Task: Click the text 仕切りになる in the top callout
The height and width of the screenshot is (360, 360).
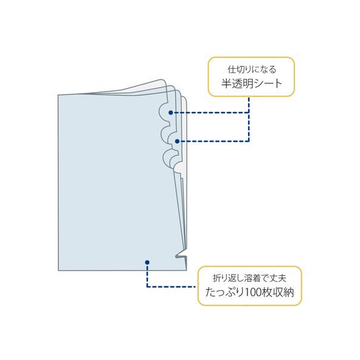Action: click(x=252, y=69)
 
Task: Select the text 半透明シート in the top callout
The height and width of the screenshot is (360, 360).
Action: click(x=252, y=83)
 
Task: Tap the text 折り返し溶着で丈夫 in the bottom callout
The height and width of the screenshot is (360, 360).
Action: click(x=250, y=278)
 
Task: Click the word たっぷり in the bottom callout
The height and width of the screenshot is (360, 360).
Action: click(x=225, y=293)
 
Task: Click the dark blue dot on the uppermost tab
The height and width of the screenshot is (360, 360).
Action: click(x=170, y=113)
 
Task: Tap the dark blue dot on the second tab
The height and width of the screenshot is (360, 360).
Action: click(x=177, y=141)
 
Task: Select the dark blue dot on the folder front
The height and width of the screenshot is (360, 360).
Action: click(x=147, y=262)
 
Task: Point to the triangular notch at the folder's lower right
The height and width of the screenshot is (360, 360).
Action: click(x=181, y=253)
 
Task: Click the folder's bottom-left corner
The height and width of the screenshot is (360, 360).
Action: click(x=58, y=270)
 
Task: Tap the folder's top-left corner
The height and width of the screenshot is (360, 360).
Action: click(x=58, y=95)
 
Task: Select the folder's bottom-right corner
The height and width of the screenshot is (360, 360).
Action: click(x=186, y=270)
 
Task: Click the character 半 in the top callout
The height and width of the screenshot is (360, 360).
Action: click(x=226, y=83)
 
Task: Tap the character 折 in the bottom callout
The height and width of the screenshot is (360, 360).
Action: click(x=217, y=278)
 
